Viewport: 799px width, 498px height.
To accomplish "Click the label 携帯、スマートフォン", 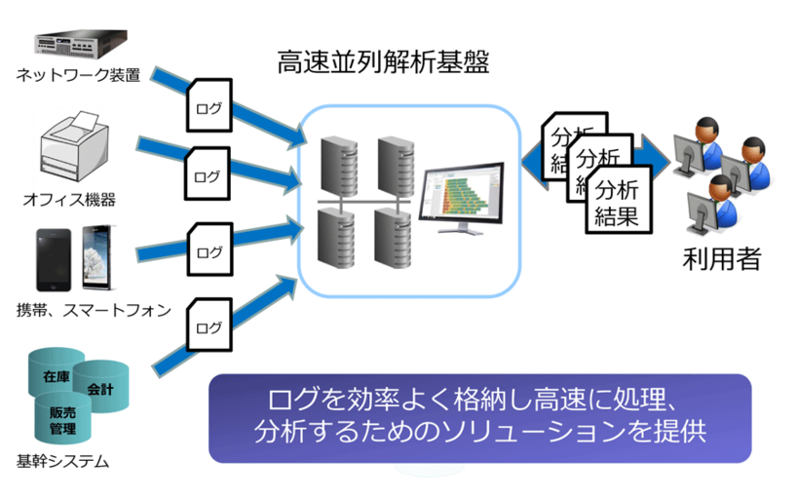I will point(94,311).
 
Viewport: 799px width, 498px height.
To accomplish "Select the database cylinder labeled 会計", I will point(100,387).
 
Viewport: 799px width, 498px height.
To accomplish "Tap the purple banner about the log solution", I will point(479,417).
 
